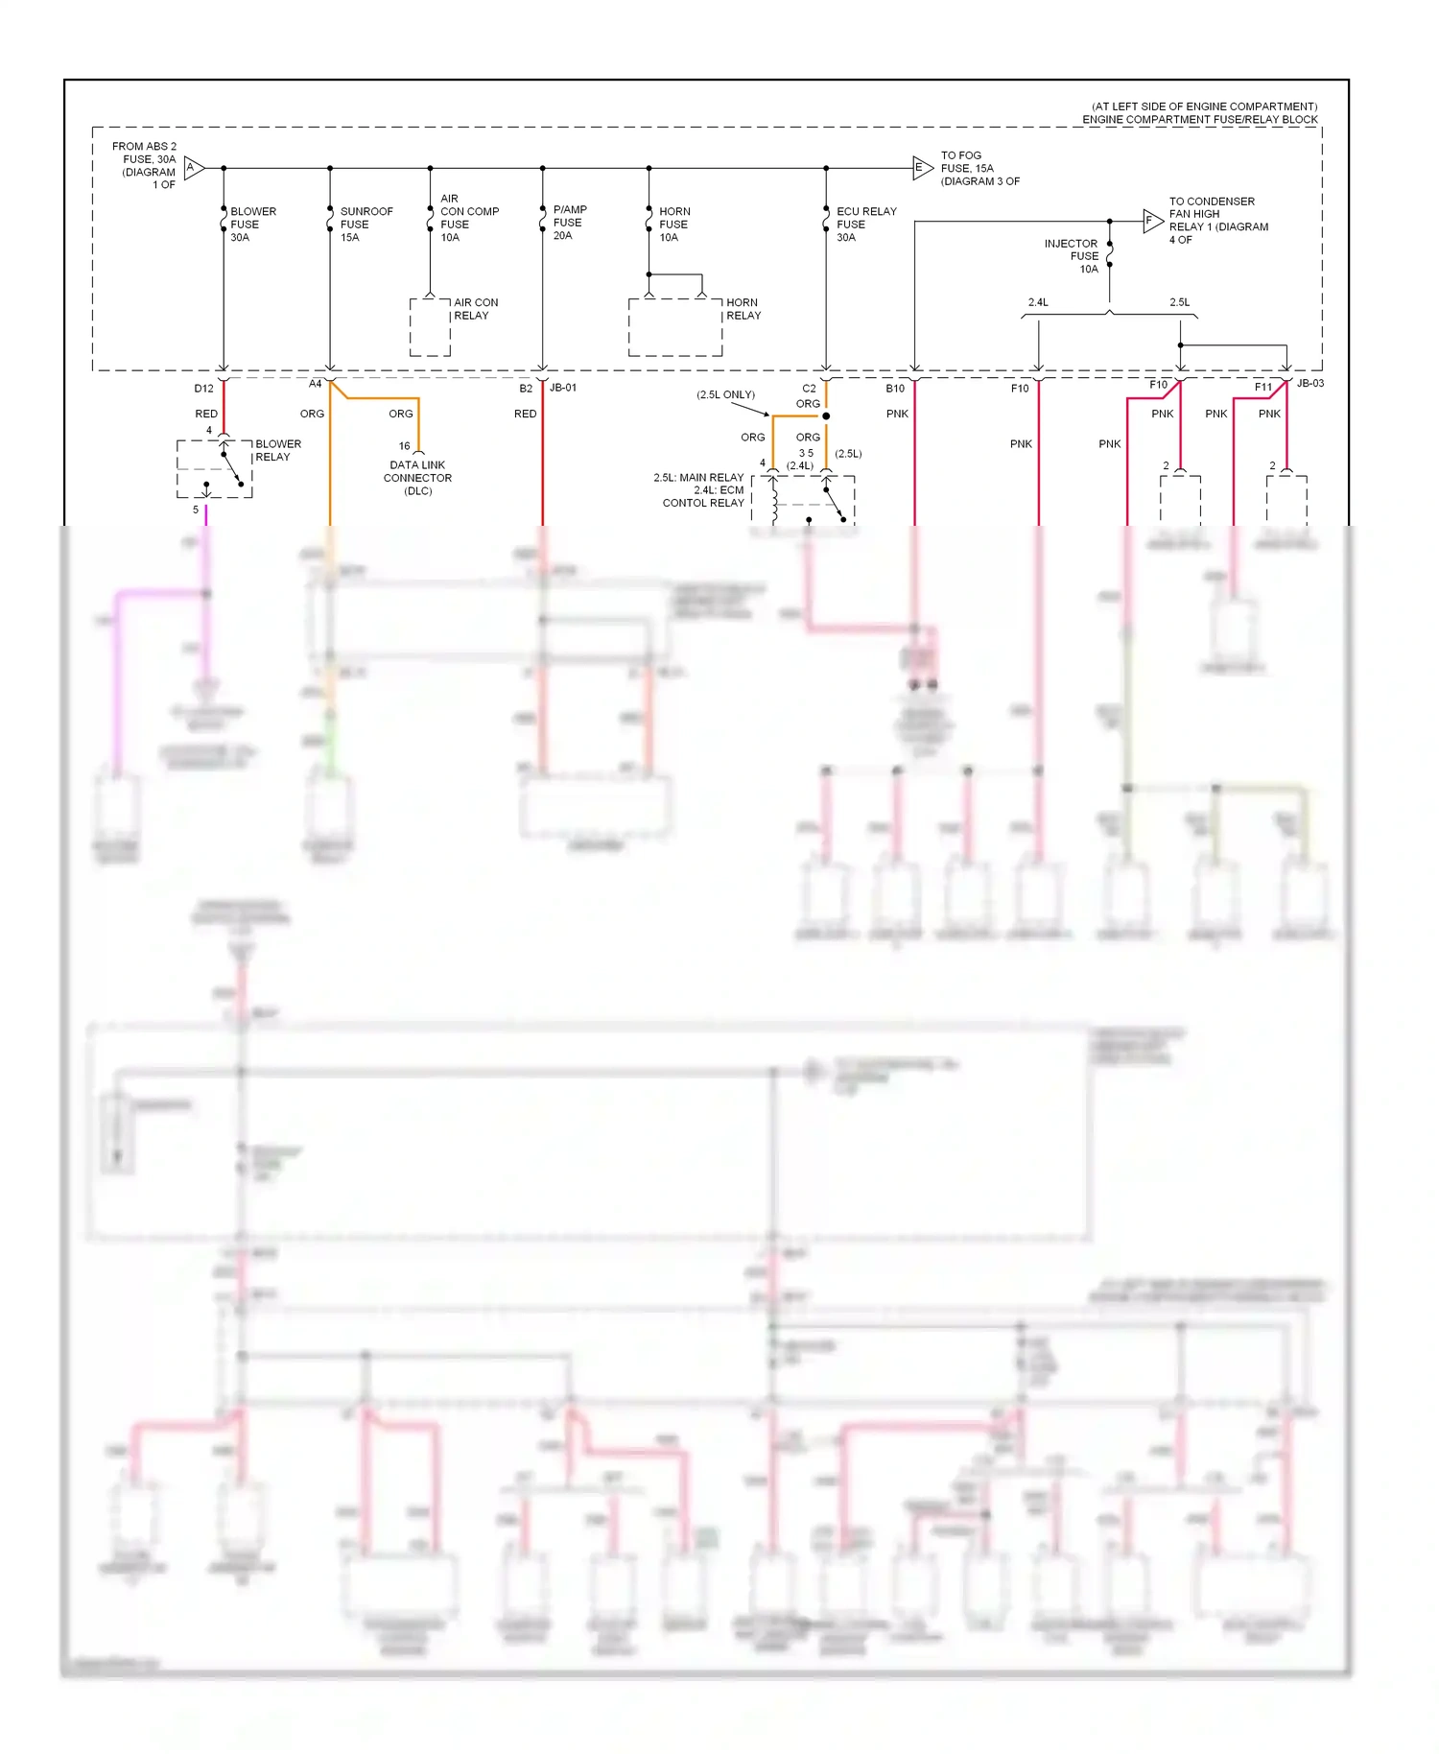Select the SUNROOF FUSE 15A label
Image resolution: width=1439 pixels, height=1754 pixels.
[365, 225]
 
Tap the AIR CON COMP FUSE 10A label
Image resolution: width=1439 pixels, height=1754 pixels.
[468, 218]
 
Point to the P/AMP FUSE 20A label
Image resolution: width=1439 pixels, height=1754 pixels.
[569, 223]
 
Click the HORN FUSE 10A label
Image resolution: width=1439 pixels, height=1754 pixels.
[673, 225]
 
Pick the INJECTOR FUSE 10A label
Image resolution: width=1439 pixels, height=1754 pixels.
[1073, 256]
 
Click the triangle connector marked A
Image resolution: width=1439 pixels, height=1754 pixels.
[193, 168]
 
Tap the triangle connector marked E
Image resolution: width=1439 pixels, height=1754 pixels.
[921, 168]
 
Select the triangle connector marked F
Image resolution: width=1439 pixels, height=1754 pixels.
[1151, 221]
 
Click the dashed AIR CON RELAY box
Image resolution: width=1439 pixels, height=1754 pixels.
[430, 327]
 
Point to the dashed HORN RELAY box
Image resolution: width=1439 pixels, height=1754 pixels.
[675, 327]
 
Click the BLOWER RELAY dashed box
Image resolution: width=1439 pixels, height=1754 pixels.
[214, 469]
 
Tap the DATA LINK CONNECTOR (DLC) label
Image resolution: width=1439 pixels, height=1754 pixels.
[417, 478]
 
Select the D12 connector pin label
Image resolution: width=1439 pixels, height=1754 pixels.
[203, 389]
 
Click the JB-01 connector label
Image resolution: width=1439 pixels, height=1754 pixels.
[563, 388]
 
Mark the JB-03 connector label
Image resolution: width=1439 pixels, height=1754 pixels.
[1309, 383]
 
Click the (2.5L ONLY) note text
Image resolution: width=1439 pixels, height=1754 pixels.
[725, 394]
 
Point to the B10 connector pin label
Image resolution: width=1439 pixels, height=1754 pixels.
[894, 389]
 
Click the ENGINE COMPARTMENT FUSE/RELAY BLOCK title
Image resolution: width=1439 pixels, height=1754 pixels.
[1199, 120]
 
